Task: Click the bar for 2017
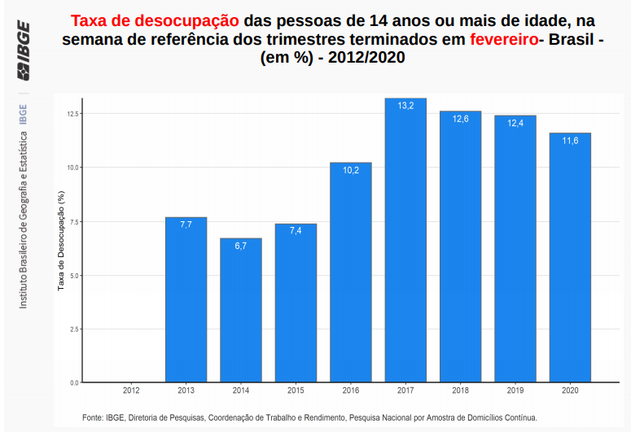(x=405, y=244)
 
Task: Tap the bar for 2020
(x=570, y=260)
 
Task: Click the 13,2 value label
(x=405, y=106)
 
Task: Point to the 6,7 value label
(x=241, y=246)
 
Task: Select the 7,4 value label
(x=296, y=231)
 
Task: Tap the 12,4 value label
(x=515, y=123)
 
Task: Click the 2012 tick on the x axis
(x=131, y=391)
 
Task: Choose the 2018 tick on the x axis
(x=460, y=391)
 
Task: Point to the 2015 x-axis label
(x=296, y=391)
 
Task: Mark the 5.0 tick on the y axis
(x=73, y=275)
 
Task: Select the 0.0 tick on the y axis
(x=73, y=382)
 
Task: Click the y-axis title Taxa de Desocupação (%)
(x=61, y=241)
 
